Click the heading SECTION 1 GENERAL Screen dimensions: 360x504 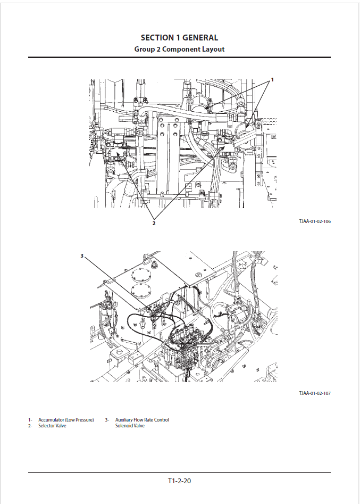(x=180, y=38)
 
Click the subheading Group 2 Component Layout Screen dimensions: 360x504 (x=179, y=49)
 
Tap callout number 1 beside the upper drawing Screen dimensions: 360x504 (x=272, y=79)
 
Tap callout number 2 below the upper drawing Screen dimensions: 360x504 (x=154, y=223)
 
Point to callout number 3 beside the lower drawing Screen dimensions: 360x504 (x=82, y=256)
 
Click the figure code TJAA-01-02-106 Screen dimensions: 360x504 (x=315, y=221)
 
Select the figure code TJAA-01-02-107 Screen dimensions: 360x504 (x=315, y=393)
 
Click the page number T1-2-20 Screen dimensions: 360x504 (x=179, y=481)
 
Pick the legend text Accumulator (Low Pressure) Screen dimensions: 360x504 (x=66, y=420)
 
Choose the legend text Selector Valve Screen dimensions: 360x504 (x=52, y=426)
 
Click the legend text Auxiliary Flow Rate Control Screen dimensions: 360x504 (x=142, y=420)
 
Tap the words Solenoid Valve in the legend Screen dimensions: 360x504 (x=130, y=426)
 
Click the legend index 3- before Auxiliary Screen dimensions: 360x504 (x=107, y=420)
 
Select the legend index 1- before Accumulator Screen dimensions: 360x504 (x=30, y=420)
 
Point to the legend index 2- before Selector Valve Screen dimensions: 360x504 (x=30, y=426)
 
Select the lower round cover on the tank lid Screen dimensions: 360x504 (x=141, y=290)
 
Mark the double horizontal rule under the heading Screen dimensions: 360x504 (x=179, y=57)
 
